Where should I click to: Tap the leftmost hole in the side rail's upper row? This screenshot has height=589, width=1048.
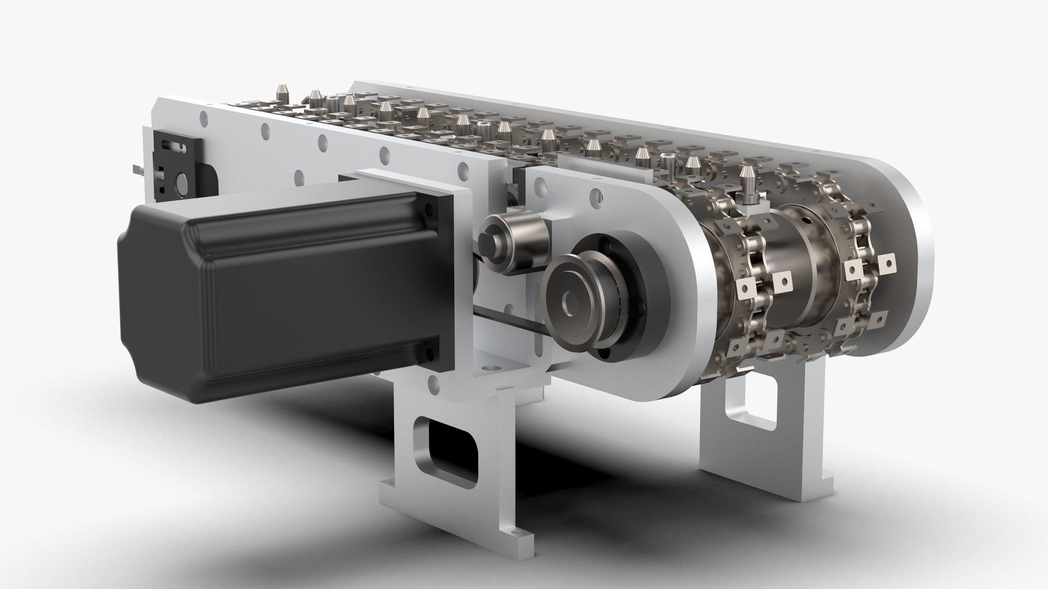tap(204, 116)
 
